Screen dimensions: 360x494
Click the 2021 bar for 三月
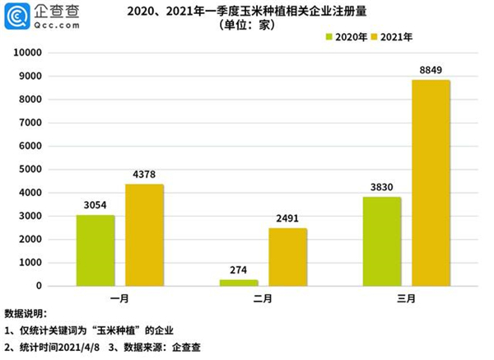(x=431, y=183)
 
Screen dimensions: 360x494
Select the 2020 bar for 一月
(x=96, y=250)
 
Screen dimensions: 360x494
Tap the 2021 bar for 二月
(x=287, y=257)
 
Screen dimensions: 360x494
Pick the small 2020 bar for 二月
(x=238, y=283)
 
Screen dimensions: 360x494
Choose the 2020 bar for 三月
(x=381, y=241)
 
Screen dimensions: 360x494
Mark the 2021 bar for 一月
(x=144, y=235)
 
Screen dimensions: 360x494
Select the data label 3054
(x=96, y=206)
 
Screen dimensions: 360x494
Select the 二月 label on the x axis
(x=263, y=298)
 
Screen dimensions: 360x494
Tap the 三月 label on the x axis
(x=406, y=298)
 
